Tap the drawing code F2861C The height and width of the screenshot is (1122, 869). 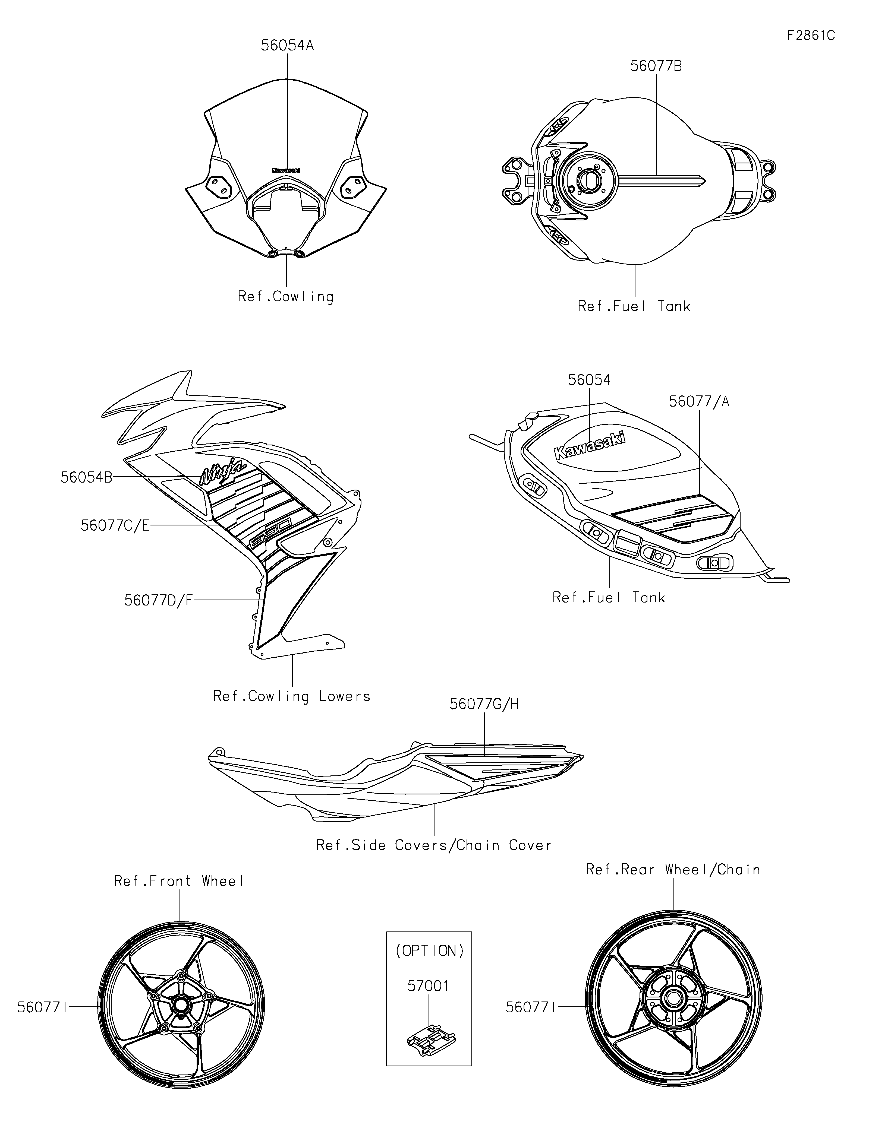coord(811,36)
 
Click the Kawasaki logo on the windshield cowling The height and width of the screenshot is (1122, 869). coord(286,170)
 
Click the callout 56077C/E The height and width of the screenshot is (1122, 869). coord(115,525)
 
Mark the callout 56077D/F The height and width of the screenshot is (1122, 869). coord(158,600)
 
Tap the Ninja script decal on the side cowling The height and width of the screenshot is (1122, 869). coord(222,472)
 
